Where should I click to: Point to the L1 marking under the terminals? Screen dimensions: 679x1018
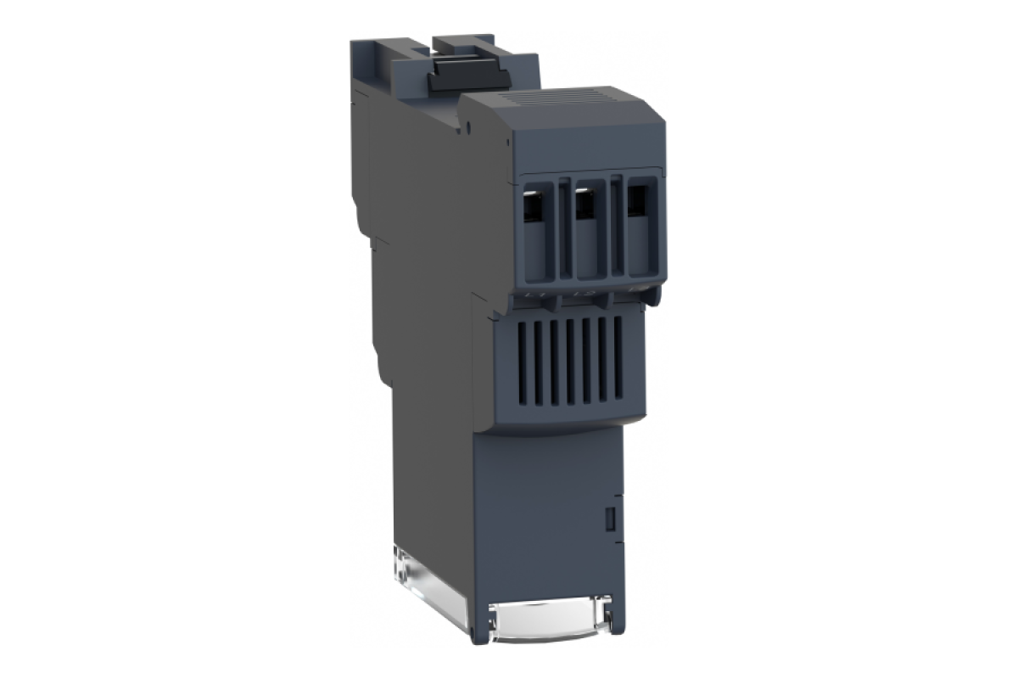coord(534,295)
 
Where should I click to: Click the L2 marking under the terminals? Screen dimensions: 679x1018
coord(582,295)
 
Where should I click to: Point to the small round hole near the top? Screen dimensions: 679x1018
coord(469,129)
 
